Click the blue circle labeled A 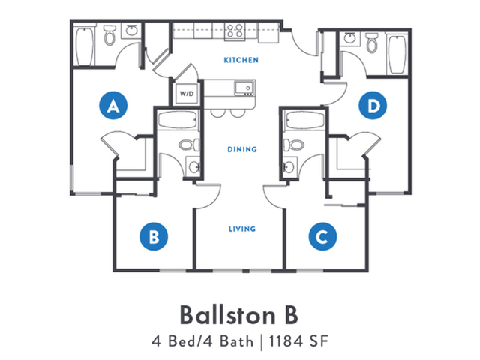pyautogui.click(x=113, y=105)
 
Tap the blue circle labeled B pyautogui.click(x=154, y=236)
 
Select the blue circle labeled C pyautogui.click(x=322, y=236)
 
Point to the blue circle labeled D pyautogui.click(x=373, y=105)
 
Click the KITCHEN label pyautogui.click(x=241, y=60)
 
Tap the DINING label pyautogui.click(x=242, y=149)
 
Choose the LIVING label pyautogui.click(x=242, y=229)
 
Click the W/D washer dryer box pyautogui.click(x=187, y=93)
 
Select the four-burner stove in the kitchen pyautogui.click(x=235, y=31)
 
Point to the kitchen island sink pyautogui.click(x=244, y=88)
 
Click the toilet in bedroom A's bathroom pyautogui.click(x=109, y=35)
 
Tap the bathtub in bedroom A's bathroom pyautogui.click(x=84, y=46)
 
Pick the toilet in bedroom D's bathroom pyautogui.click(x=372, y=43)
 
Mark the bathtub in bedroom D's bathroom pyautogui.click(x=397, y=54)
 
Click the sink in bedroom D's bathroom pyautogui.click(x=349, y=38)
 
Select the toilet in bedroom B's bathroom pyautogui.click(x=189, y=145)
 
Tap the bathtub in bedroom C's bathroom pyautogui.click(x=304, y=120)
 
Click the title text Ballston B pyautogui.click(x=238, y=315)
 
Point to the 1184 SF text pyautogui.click(x=298, y=341)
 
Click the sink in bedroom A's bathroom pyautogui.click(x=132, y=31)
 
